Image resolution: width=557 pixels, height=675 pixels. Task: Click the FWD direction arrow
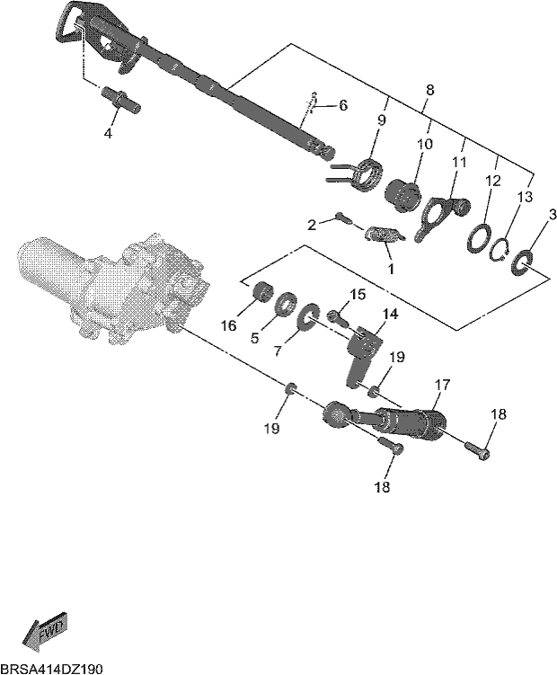pos(45,628)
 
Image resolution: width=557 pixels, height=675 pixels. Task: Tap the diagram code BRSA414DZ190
pos(51,669)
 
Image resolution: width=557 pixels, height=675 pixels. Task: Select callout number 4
pos(108,133)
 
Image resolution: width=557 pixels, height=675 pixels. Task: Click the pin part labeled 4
pos(120,100)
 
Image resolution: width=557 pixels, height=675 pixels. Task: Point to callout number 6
pos(343,105)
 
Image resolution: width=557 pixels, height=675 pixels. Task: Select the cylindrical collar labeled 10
pos(402,196)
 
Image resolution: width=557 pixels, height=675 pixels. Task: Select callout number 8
pos(429,90)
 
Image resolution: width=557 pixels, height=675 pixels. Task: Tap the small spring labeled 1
pos(384,235)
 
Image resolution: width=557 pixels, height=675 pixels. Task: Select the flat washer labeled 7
pos(309,317)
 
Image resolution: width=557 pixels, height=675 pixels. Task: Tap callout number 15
pos(358,295)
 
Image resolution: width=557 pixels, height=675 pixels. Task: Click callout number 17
pos(443,385)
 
